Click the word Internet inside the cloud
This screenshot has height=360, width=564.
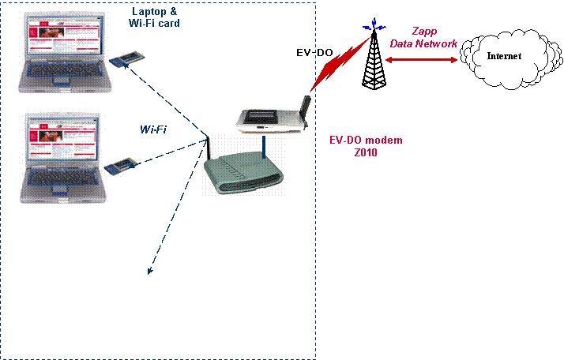(x=504, y=56)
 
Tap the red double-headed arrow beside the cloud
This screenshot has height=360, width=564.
(x=422, y=58)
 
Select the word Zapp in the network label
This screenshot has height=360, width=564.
(x=425, y=32)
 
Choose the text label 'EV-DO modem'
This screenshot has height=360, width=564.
(x=366, y=141)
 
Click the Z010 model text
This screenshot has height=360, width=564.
(x=366, y=153)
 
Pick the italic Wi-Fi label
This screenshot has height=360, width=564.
(x=153, y=129)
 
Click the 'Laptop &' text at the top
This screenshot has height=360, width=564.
(x=154, y=11)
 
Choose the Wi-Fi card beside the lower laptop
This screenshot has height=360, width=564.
(x=121, y=166)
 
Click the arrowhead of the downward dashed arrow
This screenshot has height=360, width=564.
(x=149, y=272)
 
